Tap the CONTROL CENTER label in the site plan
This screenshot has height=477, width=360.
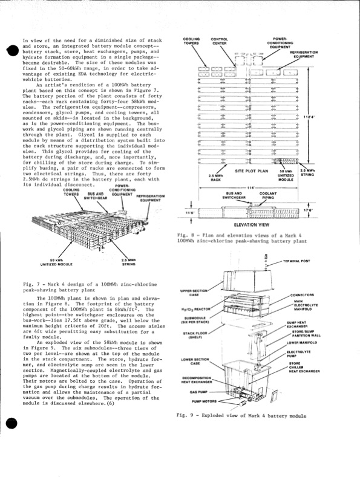[219, 42]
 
